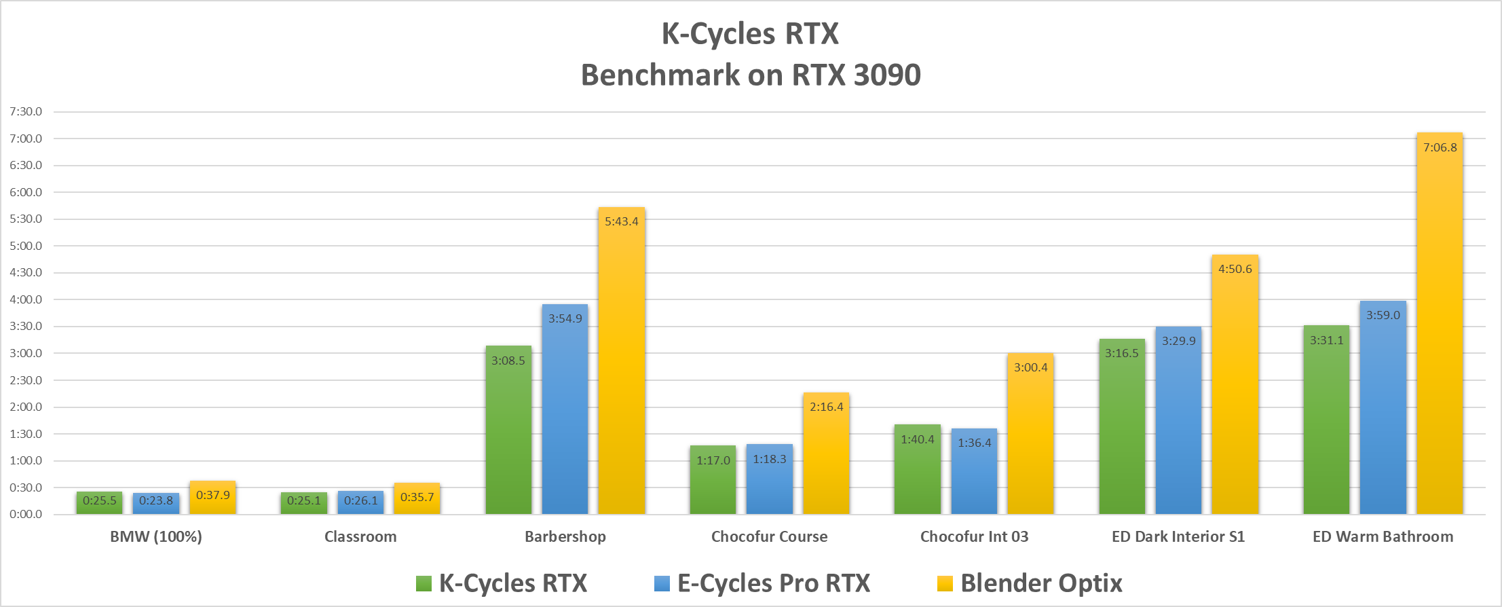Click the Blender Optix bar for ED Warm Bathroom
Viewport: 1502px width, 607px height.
1440,326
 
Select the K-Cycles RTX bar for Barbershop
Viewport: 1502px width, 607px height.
508,435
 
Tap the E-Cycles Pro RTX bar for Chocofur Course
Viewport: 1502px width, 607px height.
770,482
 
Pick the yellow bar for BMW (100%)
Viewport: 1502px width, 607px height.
213,499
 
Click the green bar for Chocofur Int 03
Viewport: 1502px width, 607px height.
918,472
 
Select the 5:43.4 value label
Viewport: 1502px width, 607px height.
622,221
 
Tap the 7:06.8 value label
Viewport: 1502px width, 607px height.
1440,147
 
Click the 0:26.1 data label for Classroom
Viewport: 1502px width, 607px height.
361,500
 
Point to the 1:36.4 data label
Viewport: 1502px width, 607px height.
975,443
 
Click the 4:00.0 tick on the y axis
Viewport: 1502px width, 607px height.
26,299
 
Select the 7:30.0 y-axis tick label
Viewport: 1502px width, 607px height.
26,111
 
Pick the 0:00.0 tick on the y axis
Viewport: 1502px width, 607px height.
26,514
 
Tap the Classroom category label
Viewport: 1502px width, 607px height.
360,536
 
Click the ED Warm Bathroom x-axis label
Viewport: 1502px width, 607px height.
1383,536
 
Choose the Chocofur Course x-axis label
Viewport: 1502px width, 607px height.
770,536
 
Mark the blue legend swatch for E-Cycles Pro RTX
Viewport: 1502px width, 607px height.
662,583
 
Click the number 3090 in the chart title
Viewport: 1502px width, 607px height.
887,75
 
